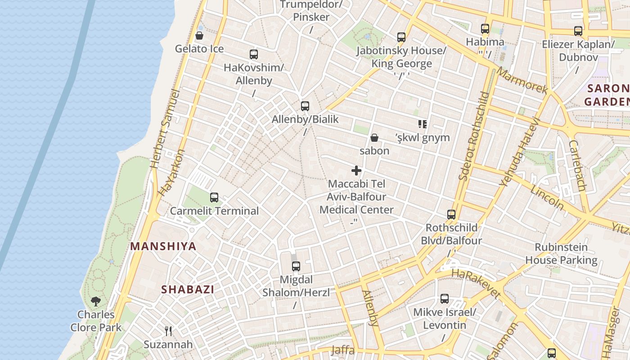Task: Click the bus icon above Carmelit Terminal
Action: click(x=214, y=197)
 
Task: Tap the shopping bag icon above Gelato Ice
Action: click(x=199, y=36)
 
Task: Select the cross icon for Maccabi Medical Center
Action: click(x=356, y=171)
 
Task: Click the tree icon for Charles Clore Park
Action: click(x=95, y=301)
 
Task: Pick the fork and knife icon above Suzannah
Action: click(x=168, y=331)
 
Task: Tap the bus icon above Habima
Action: click(x=485, y=29)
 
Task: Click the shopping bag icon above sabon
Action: click(x=374, y=137)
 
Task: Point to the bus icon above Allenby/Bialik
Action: click(x=305, y=106)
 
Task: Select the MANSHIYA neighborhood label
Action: click(x=163, y=246)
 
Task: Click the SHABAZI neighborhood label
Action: click(x=188, y=289)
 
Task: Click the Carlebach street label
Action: click(x=576, y=165)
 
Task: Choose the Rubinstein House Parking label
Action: click(x=561, y=253)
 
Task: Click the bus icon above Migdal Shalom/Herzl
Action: click(x=296, y=266)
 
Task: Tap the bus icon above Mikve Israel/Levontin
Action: click(x=445, y=299)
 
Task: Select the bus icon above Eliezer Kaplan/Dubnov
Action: click(x=578, y=31)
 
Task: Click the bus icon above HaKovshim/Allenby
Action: click(x=254, y=54)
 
